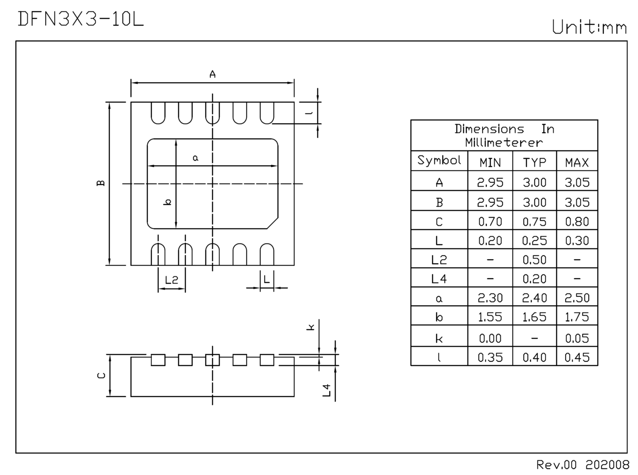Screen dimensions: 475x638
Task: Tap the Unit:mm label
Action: (589, 28)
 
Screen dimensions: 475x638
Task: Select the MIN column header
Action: (490, 163)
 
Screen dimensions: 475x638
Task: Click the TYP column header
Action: (534, 163)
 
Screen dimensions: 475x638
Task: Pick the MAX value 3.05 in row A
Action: (577, 183)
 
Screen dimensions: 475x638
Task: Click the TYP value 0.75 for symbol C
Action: (534, 222)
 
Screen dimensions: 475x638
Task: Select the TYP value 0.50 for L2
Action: (534, 260)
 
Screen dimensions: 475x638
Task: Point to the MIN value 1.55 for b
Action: (490, 317)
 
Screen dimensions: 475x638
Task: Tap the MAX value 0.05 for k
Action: (577, 338)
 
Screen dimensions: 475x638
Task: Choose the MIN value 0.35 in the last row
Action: (490, 357)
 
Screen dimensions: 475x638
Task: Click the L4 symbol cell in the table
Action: (439, 279)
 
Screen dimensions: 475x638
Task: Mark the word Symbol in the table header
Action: (439, 160)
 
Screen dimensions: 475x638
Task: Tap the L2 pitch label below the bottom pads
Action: (171, 280)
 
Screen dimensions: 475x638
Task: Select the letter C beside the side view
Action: (101, 375)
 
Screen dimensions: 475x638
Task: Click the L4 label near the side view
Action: (327, 391)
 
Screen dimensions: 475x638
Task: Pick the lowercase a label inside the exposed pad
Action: (195, 158)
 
